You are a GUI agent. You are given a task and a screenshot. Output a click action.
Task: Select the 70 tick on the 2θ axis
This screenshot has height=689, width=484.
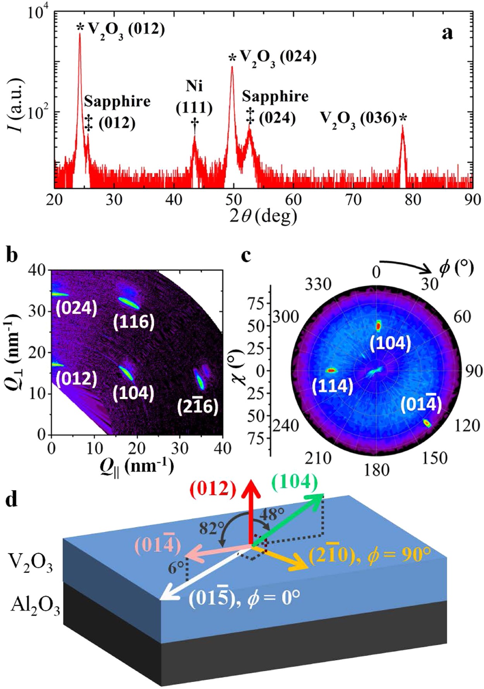[x=353, y=200]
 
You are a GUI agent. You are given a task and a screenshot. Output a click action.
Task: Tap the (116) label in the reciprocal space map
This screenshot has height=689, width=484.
[x=134, y=321]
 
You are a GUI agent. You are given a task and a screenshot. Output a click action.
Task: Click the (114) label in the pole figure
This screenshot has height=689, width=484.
[x=333, y=386]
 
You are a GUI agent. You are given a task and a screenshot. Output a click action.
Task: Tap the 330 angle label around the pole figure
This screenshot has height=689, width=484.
[x=318, y=284]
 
